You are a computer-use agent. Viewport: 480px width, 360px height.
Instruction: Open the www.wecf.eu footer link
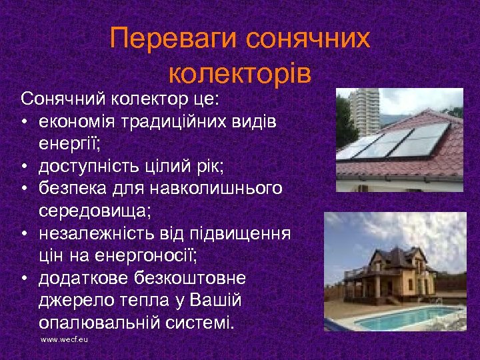point(65,340)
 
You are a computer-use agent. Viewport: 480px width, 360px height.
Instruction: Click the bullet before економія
point(24,122)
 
